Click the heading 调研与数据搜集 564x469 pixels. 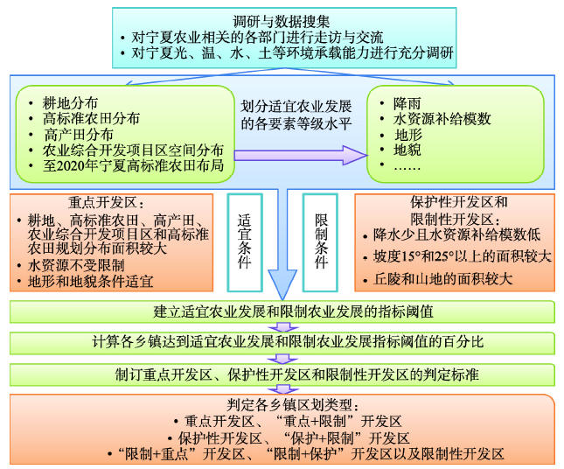284,20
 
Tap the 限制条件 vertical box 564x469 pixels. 319,235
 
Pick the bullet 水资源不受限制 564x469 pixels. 75,264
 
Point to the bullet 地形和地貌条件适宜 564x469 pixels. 90,281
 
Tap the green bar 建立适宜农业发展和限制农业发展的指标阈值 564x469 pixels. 282,311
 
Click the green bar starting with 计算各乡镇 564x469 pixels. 282,342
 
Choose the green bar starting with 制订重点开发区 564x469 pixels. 282,374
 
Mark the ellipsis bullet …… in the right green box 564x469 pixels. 407,167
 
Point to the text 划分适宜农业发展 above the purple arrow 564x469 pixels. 296,105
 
